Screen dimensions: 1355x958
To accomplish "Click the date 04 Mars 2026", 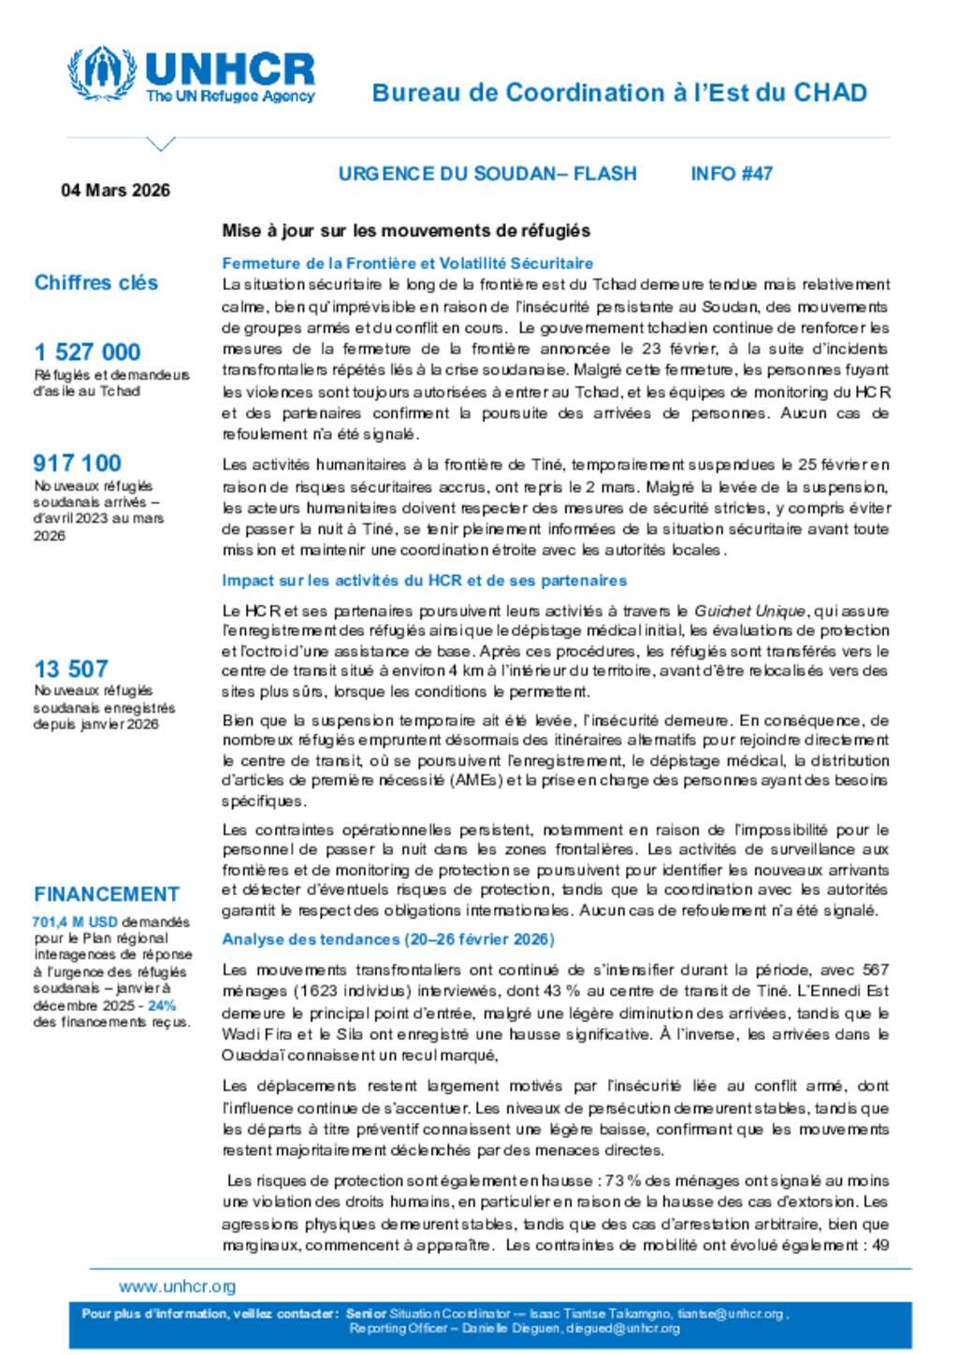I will pos(115,190).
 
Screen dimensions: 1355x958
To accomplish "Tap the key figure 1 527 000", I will pos(87,353).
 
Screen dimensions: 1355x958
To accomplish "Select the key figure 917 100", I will pos(77,463).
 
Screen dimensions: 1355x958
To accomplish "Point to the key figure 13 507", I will pos(71,669).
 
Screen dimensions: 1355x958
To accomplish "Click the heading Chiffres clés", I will pos(95,282).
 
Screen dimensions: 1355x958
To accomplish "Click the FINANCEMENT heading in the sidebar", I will pos(106,894).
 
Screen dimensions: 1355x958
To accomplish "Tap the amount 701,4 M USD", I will pos(75,922).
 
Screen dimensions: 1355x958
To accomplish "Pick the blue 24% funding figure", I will pos(162,1006).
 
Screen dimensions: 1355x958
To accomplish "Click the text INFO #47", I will pos(732,173).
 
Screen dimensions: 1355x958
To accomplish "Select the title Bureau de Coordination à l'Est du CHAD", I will pos(619,93).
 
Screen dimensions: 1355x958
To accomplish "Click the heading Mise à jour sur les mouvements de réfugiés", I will pos(406,230).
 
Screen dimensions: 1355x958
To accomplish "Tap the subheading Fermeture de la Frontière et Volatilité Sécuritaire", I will pos(407,264).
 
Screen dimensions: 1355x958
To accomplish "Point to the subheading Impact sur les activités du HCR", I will pos(424,581).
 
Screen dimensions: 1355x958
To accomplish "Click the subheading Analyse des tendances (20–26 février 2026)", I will pos(388,939).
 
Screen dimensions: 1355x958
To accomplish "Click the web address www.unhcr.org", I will pos(177,1287).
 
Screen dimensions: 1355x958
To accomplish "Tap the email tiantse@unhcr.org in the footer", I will pos(730,1314).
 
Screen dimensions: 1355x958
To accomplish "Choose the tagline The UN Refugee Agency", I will pos(230,96).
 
